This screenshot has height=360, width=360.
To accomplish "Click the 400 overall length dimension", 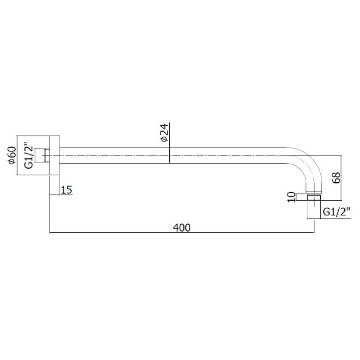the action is point(182,228).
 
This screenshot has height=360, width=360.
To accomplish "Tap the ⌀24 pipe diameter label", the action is point(165,133).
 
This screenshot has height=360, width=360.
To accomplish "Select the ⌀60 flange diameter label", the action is point(12,155).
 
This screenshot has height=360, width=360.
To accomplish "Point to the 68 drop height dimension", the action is point(336,177).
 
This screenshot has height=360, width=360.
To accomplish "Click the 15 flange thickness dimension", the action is point(67,190).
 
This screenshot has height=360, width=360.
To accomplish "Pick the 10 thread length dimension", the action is point(291,197).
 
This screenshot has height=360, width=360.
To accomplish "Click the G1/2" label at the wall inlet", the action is point(29,155).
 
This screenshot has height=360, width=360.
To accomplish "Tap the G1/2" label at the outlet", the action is point(336,211).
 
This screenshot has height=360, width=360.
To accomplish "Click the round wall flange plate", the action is point(54,155).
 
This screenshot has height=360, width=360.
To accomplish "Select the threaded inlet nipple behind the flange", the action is point(42,155).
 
